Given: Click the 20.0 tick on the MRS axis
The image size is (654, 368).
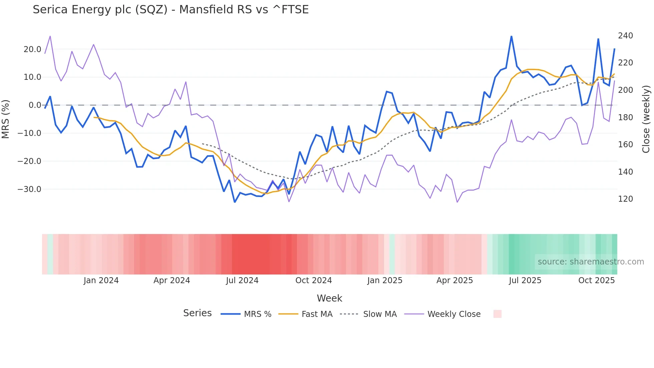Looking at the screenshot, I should coord(32,49).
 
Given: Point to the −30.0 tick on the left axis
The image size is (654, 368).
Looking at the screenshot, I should coord(29,189).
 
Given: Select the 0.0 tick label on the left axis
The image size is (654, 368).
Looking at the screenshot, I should coord(35,105).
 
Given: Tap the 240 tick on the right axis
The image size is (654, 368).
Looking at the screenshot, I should coord(625,36).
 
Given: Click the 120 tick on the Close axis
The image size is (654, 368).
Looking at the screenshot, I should coord(625,199).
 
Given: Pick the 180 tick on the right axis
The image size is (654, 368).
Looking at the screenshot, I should coord(625,118).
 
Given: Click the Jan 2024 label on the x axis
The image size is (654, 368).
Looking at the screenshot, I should coord(101,281).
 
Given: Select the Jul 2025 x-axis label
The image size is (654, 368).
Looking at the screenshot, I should coord(525,281).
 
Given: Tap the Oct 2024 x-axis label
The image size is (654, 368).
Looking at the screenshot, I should coord(314,281).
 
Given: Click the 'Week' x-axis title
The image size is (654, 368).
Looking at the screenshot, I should coord(329,298).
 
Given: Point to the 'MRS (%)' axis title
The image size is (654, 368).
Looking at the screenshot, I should coord(6,119).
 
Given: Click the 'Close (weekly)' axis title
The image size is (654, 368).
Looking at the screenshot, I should coord(646,119).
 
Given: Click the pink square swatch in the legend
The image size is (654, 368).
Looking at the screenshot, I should coord(497,314).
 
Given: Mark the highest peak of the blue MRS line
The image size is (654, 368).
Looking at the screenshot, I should coord(511,36).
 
